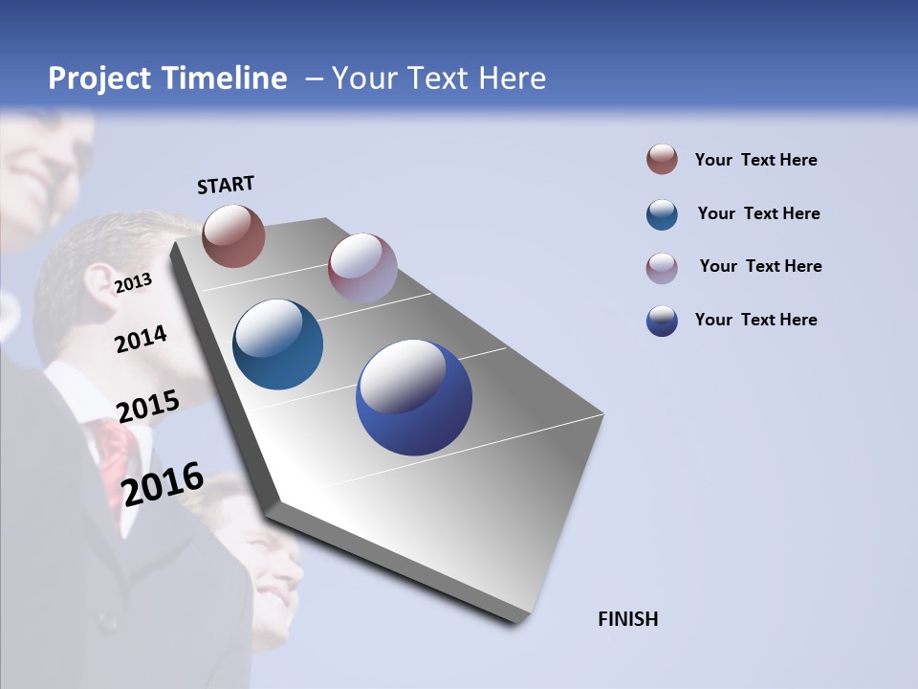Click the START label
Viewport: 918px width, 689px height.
click(226, 185)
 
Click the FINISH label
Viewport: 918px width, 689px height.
click(627, 619)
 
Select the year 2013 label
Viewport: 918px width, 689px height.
click(133, 282)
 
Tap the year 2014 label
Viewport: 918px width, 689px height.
click(141, 339)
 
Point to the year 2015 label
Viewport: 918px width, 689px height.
click(147, 406)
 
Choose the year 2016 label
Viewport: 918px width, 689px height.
click(163, 484)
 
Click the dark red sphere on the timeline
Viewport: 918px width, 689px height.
click(233, 235)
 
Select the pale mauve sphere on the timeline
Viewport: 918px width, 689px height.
click(362, 268)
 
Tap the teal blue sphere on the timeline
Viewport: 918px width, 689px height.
click(278, 344)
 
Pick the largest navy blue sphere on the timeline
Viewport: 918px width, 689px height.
click(414, 397)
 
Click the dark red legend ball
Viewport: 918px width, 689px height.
click(662, 160)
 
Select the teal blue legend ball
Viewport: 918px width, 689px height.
click(662, 214)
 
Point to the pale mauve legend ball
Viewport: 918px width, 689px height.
click(662, 268)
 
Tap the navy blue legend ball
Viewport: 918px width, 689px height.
click(662, 321)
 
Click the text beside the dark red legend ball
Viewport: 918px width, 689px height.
click(755, 160)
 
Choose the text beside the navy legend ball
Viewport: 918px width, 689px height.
click(755, 320)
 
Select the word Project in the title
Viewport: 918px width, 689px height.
click(100, 78)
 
